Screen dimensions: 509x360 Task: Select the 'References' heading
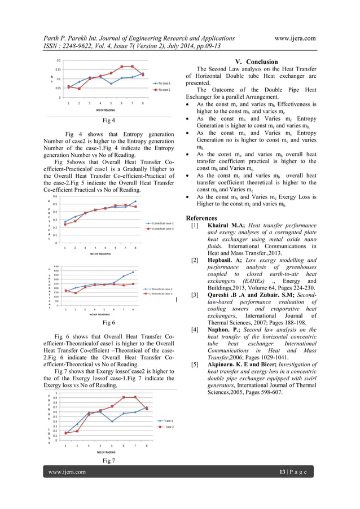click(x=201, y=218)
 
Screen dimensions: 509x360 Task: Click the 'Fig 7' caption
click(x=108, y=460)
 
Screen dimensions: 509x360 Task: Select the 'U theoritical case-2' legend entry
click(x=161, y=293)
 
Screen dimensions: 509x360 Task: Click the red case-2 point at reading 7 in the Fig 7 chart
click(x=135, y=397)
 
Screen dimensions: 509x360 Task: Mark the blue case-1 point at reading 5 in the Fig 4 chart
click(x=111, y=84)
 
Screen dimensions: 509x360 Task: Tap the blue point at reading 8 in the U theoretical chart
click(x=133, y=272)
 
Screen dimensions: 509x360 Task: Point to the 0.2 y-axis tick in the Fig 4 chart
click(x=59, y=60)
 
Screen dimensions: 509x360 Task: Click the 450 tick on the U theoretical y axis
click(x=56, y=266)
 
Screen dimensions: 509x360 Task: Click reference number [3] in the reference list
click(x=194, y=295)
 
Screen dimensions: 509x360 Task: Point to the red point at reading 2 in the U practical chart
click(x=75, y=221)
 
